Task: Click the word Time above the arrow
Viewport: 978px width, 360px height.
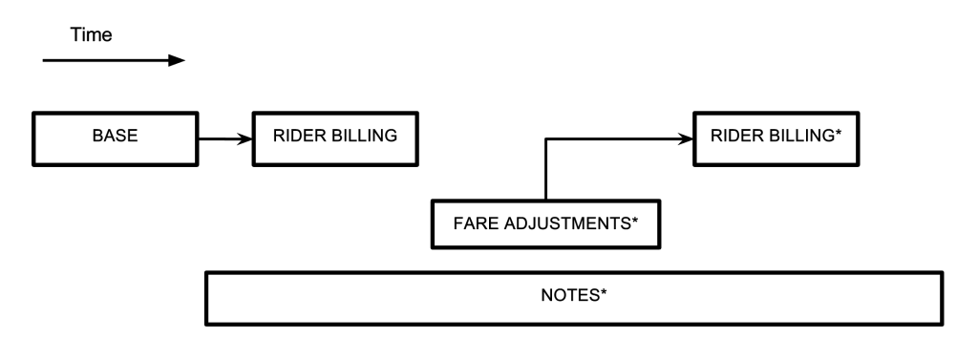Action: tap(92, 35)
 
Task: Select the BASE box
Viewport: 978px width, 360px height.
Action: tap(115, 136)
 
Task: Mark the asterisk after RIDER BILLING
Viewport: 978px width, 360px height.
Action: tap(839, 133)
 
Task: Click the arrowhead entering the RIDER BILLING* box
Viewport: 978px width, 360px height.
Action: tap(686, 139)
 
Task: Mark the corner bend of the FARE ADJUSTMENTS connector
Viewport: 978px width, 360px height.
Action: tap(545, 139)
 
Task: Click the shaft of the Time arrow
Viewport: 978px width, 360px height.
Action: tap(105, 60)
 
